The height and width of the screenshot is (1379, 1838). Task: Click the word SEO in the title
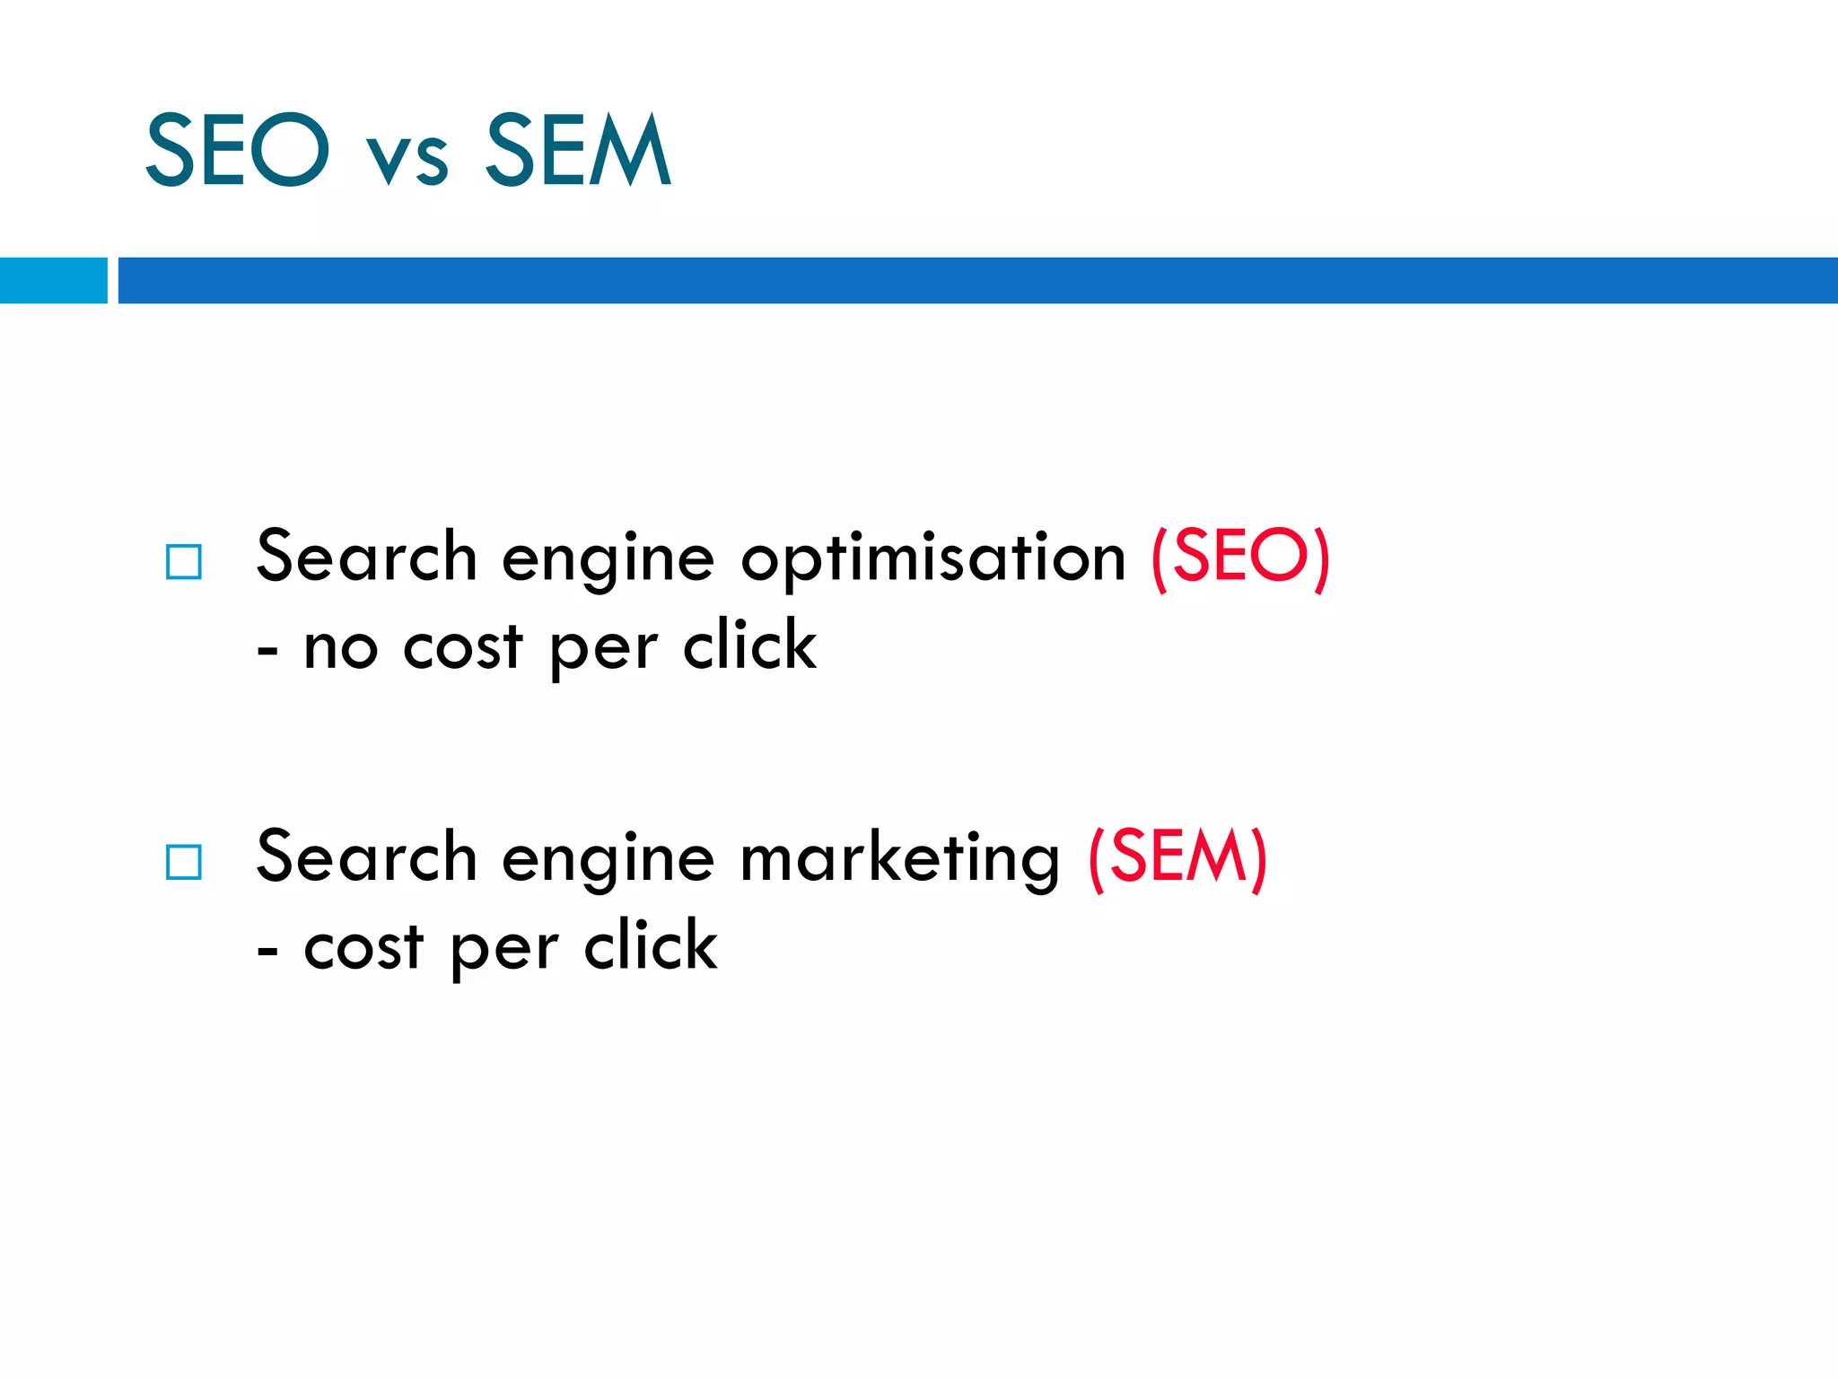point(237,150)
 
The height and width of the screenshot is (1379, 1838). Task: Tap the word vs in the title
point(407,160)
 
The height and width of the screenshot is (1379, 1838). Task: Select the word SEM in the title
point(578,150)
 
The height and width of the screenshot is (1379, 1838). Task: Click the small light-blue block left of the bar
point(53,280)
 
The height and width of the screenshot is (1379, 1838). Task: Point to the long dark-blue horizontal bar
point(976,280)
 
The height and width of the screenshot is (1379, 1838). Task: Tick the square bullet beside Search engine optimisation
point(184,562)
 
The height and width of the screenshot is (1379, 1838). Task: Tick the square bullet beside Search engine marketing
point(184,862)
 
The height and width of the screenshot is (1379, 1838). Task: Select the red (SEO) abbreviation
point(1239,557)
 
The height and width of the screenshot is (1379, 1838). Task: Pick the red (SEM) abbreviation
point(1177,857)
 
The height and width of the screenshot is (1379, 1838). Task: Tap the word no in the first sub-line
point(340,648)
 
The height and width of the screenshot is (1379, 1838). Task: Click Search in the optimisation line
point(366,557)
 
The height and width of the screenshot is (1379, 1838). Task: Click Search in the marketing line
point(366,857)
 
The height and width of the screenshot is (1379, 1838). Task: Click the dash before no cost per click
point(267,651)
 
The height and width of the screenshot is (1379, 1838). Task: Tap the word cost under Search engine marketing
point(363,948)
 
